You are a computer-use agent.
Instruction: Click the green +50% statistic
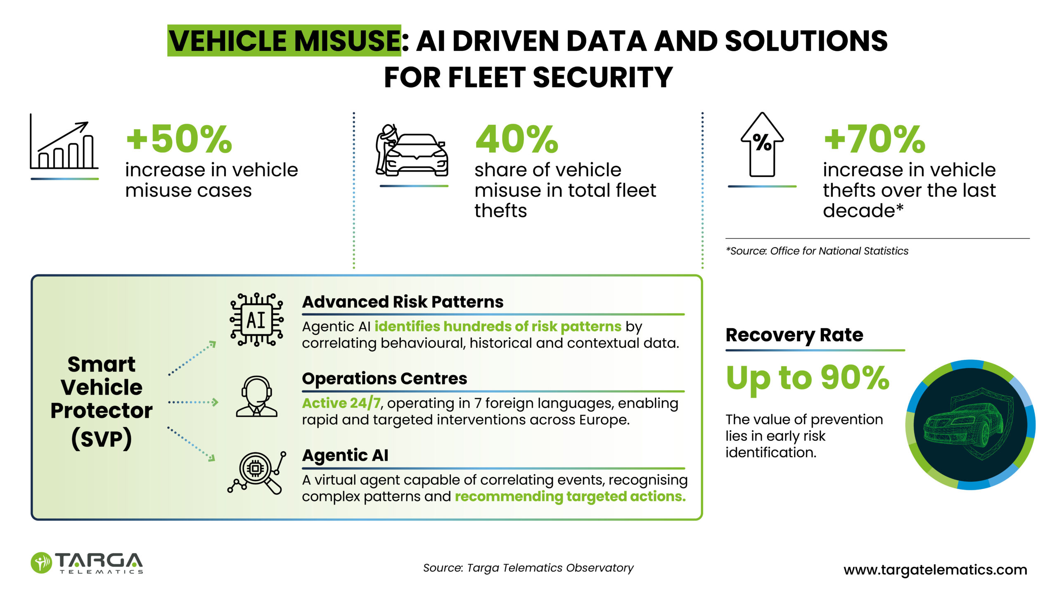tap(179, 139)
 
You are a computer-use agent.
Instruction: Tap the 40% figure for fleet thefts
tap(517, 139)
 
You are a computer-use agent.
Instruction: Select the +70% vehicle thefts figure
tap(875, 139)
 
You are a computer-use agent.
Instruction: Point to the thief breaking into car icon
tap(412, 150)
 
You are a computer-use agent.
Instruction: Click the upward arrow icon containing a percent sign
tap(762, 145)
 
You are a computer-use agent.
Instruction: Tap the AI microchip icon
tap(256, 320)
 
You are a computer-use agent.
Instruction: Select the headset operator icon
tap(256, 396)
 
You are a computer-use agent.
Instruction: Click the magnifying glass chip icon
tap(256, 473)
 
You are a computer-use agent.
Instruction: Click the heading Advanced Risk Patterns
tap(403, 302)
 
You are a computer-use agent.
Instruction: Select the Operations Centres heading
tap(384, 378)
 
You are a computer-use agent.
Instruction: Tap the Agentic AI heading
tap(345, 455)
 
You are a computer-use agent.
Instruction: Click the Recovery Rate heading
tap(794, 335)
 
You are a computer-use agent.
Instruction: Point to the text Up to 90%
tap(808, 378)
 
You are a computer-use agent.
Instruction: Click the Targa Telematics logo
tap(87, 563)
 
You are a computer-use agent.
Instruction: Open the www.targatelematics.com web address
tap(935, 570)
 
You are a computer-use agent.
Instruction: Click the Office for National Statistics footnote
tap(817, 251)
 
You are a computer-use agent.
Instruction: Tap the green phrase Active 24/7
tap(341, 403)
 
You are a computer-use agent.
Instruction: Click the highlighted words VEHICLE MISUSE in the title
tap(284, 40)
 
